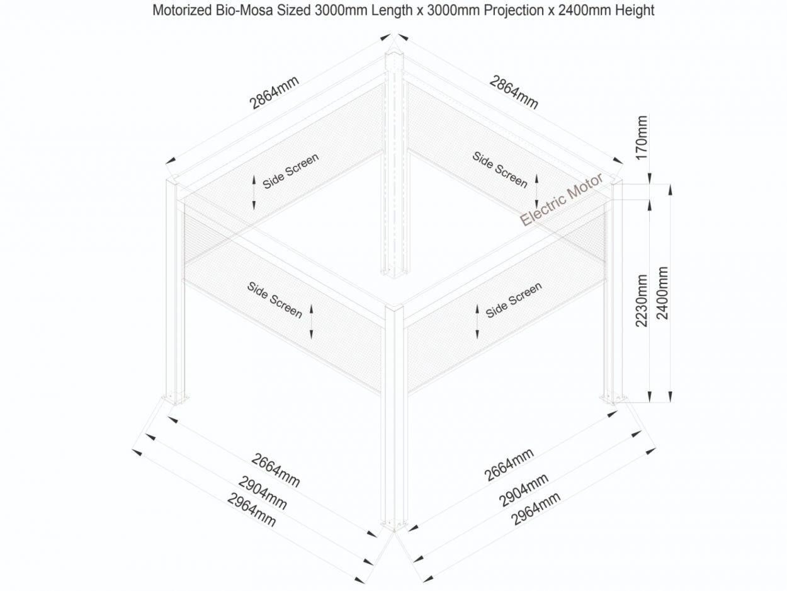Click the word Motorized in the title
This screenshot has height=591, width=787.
[182, 10]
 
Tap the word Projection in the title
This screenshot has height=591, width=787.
[513, 11]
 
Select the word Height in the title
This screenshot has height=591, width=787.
[635, 11]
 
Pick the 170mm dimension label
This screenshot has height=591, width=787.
[642, 138]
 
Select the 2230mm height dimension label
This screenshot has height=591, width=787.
[642, 301]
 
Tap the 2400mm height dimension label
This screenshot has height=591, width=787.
[662, 293]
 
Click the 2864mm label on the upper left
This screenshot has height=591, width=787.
[274, 93]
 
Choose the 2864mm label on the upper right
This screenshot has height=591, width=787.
[514, 92]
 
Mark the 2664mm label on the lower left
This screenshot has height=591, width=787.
[275, 470]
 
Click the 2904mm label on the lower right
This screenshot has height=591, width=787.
[523, 490]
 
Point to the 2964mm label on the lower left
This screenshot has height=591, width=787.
[251, 510]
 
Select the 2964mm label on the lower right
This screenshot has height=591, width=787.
[535, 508]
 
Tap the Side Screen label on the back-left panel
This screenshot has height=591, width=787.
[290, 171]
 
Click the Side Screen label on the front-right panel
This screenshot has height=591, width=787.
[513, 300]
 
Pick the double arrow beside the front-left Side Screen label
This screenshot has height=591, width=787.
[311, 321]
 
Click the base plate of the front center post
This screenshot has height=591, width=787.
[394, 527]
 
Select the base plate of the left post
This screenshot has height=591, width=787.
[176, 399]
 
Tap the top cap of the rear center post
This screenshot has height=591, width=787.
[394, 54]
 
